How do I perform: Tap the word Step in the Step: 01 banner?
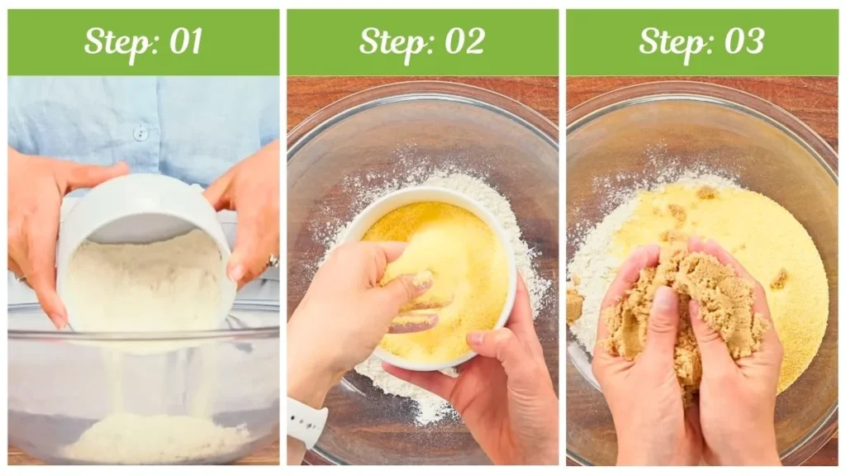coord(115,42)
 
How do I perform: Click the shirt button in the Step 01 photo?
coord(140,131)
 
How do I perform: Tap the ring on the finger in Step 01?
coord(272,261)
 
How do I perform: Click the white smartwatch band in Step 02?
coord(306,422)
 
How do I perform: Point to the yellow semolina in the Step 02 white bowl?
coord(463,248)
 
